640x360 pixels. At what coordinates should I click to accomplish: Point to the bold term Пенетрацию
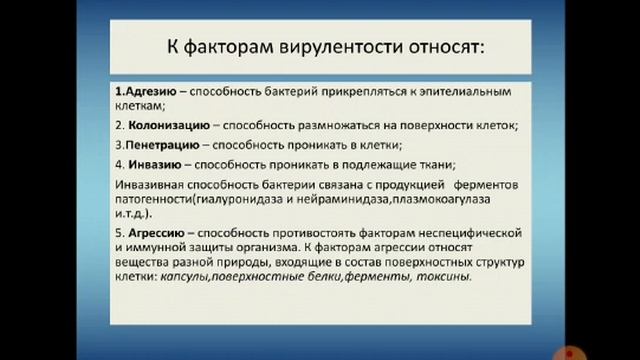pos(155,143)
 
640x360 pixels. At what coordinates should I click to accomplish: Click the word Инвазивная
pos(148,184)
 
